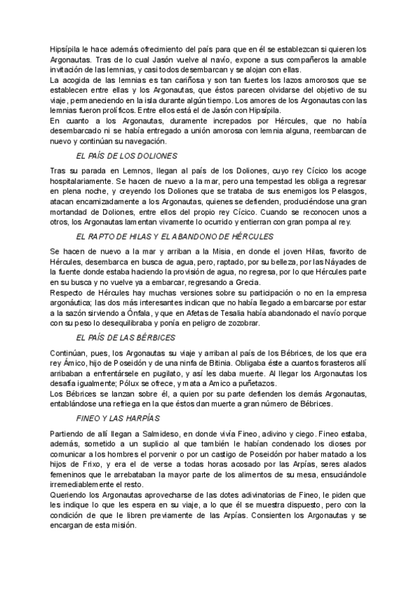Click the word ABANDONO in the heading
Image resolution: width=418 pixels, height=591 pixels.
click(x=194, y=237)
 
